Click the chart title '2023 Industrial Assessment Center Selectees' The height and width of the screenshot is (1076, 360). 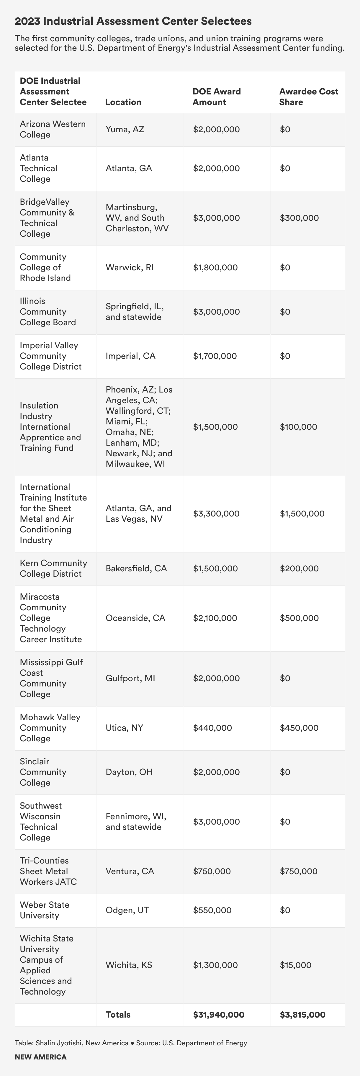click(x=133, y=21)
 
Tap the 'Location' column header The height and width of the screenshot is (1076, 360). click(x=123, y=102)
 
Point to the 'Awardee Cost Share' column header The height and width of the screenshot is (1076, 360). click(x=309, y=97)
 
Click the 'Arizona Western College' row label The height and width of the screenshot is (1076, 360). click(x=53, y=129)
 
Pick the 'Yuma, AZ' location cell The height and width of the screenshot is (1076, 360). click(x=125, y=129)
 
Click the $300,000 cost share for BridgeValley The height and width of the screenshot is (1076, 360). click(x=299, y=218)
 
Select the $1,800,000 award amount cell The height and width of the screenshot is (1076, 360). click(x=215, y=267)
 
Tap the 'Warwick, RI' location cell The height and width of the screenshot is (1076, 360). click(x=130, y=267)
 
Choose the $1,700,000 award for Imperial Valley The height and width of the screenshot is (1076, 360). click(x=215, y=356)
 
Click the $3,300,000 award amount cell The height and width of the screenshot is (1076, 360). click(x=216, y=513)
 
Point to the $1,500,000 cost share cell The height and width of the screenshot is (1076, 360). click(x=302, y=513)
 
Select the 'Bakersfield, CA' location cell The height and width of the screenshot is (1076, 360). click(x=136, y=568)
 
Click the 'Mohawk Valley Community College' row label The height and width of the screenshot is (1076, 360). click(x=50, y=728)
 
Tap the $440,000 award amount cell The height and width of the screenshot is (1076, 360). click(x=212, y=728)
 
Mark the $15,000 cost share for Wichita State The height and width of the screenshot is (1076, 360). click(x=295, y=965)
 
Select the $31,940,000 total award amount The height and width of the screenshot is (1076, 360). click(x=218, y=1015)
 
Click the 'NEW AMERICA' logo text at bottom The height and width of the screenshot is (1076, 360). click(x=40, y=1057)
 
